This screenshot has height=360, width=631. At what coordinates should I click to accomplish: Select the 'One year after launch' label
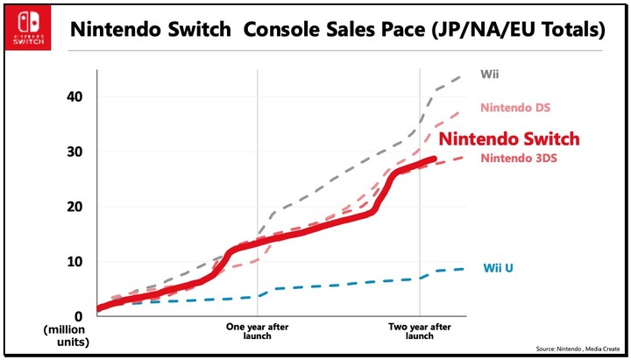(258, 331)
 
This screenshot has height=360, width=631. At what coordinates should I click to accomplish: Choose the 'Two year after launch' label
(420, 331)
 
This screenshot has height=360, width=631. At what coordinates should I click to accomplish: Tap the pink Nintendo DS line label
(515, 108)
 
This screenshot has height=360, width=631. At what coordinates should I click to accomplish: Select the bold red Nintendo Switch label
(508, 138)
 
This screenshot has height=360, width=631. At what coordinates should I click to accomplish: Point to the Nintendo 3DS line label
(518, 159)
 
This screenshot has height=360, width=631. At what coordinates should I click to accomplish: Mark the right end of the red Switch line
(435, 159)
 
